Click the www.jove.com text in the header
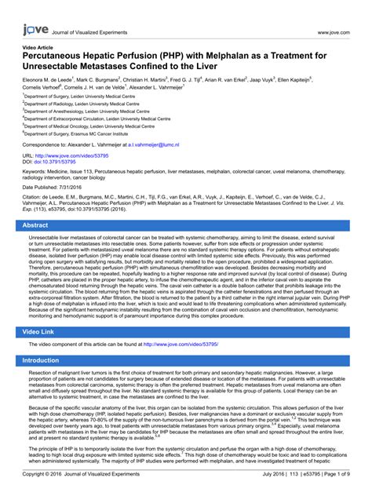[333, 33]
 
